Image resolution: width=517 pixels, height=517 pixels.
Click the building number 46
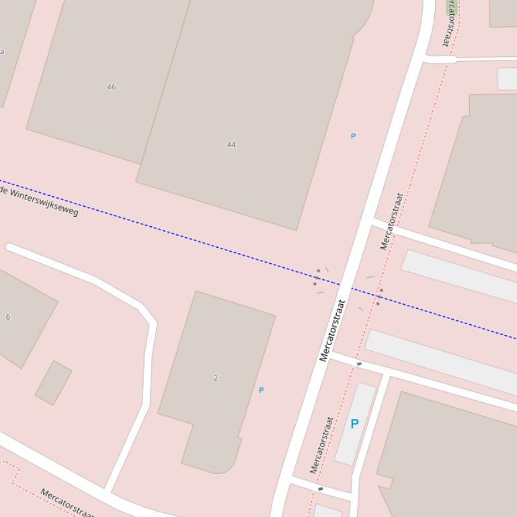[111, 87]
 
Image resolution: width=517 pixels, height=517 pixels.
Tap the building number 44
[231, 144]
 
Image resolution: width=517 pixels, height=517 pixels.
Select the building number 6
[8, 317]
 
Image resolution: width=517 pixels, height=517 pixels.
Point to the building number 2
[215, 378]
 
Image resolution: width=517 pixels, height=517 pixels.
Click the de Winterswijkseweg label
[39, 201]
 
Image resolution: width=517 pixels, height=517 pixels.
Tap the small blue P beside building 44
[353, 136]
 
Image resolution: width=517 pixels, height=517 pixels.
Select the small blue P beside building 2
[261, 390]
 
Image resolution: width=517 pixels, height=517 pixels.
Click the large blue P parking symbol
[354, 424]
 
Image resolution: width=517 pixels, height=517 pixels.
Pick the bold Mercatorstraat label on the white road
[333, 330]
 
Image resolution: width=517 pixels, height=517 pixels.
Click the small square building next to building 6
[54, 383]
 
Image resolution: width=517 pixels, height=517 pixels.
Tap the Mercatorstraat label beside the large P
[321, 445]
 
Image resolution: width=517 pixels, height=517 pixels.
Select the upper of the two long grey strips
[459, 276]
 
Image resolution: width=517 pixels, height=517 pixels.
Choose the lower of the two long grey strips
[440, 361]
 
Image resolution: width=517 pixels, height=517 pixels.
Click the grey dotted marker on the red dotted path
[379, 296]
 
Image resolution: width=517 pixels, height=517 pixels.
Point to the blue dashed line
[202, 242]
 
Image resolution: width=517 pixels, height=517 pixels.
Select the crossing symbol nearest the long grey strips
[359, 364]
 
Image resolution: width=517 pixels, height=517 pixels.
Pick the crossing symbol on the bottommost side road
[321, 489]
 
